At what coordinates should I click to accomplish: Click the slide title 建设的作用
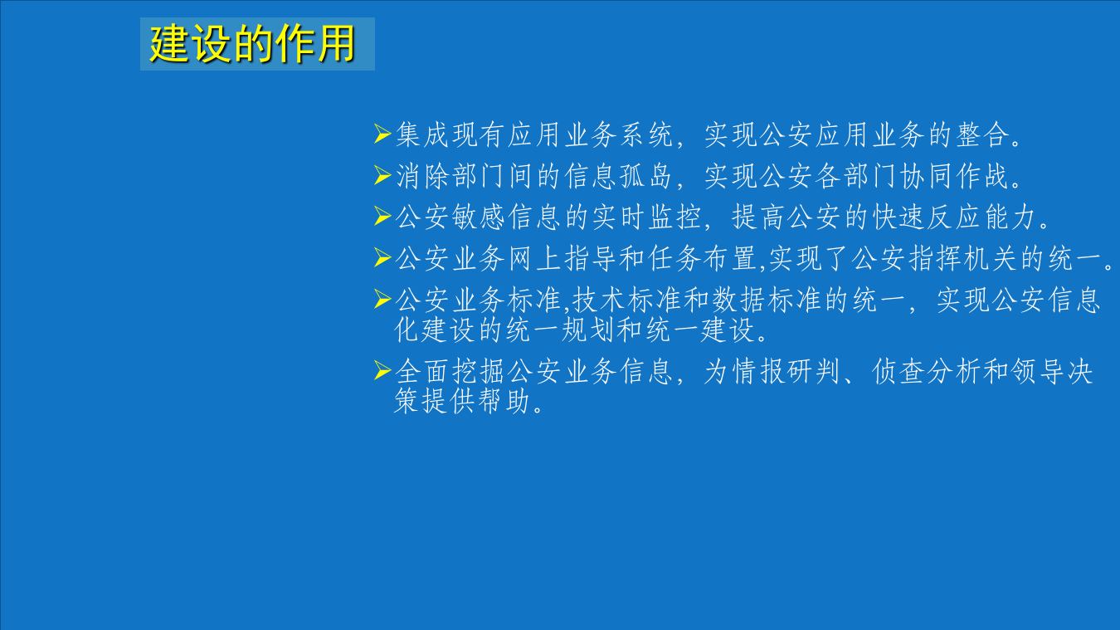click(253, 44)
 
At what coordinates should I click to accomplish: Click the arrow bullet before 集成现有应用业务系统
click(382, 133)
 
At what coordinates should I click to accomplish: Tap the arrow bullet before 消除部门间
click(382, 175)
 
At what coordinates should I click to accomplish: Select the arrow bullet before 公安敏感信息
click(382, 217)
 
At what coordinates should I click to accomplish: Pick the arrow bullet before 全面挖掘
click(382, 371)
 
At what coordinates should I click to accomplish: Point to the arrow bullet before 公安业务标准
click(382, 300)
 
